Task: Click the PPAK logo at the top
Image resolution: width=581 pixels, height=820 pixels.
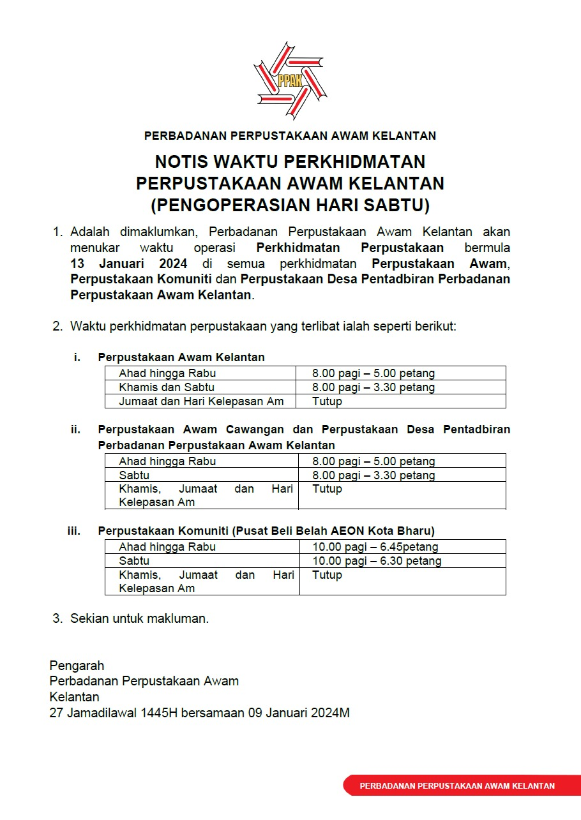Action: [x=290, y=80]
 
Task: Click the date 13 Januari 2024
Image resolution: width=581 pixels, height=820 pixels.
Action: [x=129, y=264]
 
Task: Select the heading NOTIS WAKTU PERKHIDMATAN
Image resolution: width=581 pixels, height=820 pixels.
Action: [x=290, y=161]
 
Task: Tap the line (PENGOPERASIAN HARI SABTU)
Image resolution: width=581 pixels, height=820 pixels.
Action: [x=290, y=205]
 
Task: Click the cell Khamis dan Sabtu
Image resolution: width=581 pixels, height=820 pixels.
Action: [x=167, y=387]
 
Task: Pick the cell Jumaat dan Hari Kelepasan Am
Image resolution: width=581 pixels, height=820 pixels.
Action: [x=201, y=401]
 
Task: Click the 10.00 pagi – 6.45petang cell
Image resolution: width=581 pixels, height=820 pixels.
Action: [x=375, y=547]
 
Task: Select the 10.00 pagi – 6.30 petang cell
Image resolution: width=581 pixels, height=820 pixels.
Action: [x=377, y=561]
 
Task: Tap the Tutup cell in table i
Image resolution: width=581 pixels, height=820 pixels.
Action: [x=327, y=401]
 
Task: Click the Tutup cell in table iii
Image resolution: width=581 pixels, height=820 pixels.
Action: [x=327, y=575]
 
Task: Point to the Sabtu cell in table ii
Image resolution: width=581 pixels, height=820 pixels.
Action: [x=134, y=475]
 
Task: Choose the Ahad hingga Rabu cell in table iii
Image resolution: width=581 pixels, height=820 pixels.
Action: [x=167, y=547]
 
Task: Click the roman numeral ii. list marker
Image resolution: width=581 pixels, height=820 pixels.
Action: [x=76, y=429]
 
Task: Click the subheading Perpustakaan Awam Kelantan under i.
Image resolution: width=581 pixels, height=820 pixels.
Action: [x=181, y=357]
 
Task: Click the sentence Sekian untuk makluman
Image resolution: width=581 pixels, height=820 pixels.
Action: [x=139, y=618]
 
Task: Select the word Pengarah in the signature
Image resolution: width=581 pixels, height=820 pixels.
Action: [x=77, y=666]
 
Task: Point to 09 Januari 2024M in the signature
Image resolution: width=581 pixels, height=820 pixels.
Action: [x=298, y=713]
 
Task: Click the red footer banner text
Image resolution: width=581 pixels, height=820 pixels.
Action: [x=457, y=786]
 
